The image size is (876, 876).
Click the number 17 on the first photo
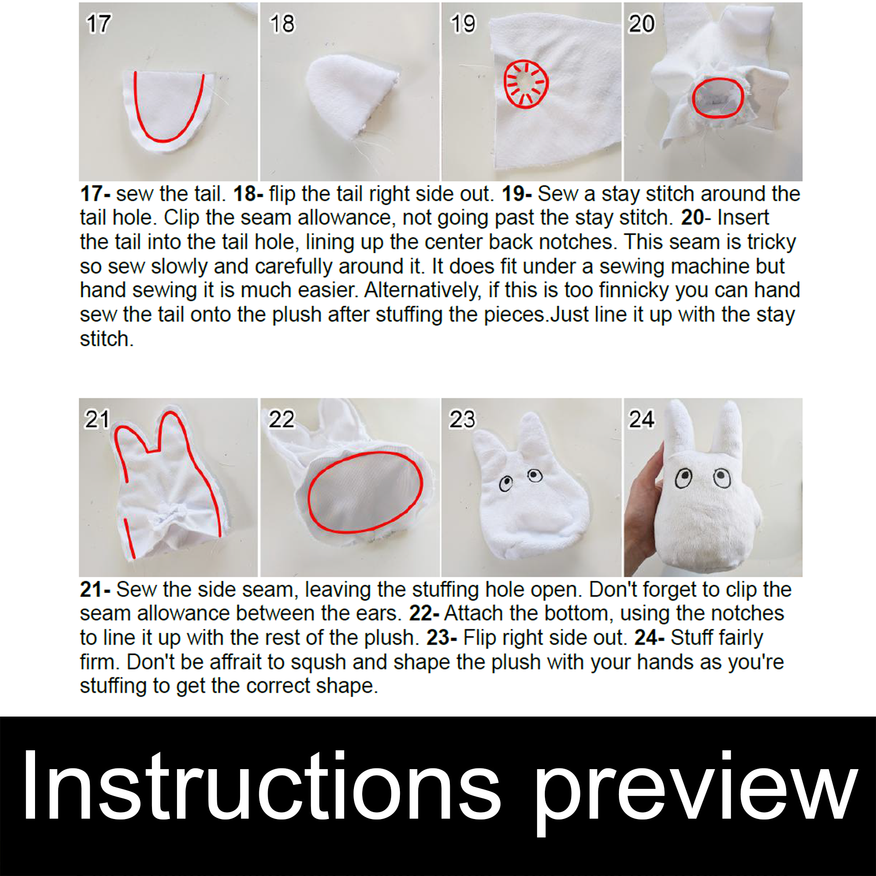[x=98, y=24]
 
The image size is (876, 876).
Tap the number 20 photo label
[x=641, y=24]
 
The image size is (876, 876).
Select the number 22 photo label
[x=281, y=419]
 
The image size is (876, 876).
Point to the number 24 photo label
[x=641, y=419]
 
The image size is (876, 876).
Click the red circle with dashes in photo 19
[x=526, y=85]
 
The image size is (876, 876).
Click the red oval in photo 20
[x=717, y=98]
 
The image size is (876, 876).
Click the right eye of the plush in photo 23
[x=535, y=475]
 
